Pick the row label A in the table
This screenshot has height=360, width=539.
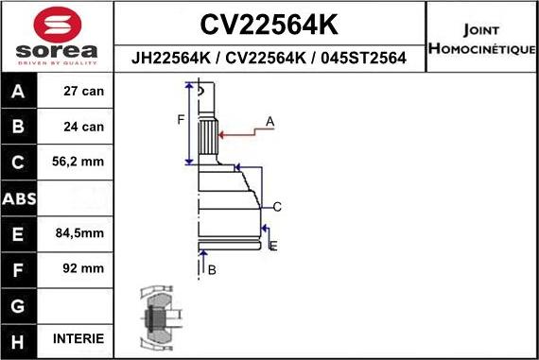click(20, 92)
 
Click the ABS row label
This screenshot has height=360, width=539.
click(20, 198)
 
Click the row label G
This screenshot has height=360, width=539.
click(20, 305)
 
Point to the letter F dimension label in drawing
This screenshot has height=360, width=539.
click(181, 119)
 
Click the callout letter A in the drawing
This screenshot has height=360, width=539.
click(269, 122)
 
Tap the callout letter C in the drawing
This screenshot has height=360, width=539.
click(277, 206)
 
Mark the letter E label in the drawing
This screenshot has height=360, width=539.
click(272, 246)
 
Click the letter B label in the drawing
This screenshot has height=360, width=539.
click(212, 270)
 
